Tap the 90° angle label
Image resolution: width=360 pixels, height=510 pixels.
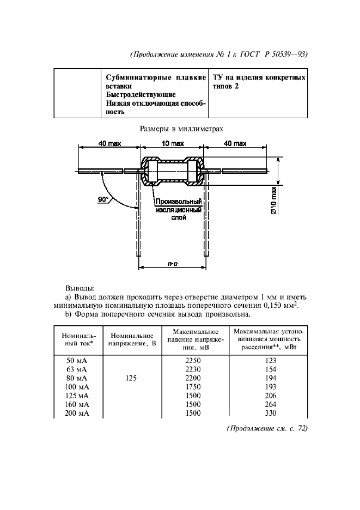click(x=103, y=200)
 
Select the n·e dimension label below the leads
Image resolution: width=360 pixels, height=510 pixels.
click(x=173, y=264)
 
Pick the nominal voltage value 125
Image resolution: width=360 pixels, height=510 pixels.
click(x=130, y=378)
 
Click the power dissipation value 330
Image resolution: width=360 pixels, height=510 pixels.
click(x=269, y=412)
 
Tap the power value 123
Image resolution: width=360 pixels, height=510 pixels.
click(x=269, y=360)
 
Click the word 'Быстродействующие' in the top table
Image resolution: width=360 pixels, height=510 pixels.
click(x=141, y=94)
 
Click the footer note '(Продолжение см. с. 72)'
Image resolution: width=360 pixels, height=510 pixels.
click(x=267, y=428)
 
